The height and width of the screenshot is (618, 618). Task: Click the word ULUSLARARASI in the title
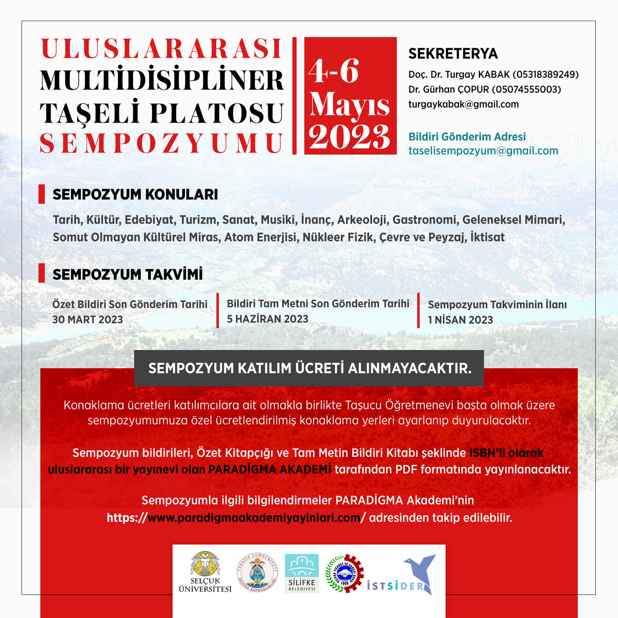(x=161, y=48)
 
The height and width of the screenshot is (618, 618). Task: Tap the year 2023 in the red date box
(x=349, y=137)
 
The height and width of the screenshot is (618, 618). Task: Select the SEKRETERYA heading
(x=453, y=54)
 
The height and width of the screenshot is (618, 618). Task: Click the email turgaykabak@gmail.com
(x=463, y=104)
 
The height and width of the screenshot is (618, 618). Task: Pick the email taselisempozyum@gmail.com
(x=483, y=151)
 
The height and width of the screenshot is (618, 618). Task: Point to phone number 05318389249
(x=545, y=75)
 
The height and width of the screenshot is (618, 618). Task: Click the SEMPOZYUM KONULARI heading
(x=135, y=195)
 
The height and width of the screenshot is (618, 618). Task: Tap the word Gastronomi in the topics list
(x=424, y=220)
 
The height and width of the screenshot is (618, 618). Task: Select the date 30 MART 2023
(x=88, y=319)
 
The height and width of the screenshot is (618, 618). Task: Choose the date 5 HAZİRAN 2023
(x=267, y=319)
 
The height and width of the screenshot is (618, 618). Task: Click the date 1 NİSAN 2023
(x=460, y=320)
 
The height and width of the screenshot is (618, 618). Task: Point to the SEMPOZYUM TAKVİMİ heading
(x=127, y=274)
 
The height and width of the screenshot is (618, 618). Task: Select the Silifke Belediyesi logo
(x=302, y=573)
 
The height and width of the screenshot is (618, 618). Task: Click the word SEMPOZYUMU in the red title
(x=161, y=143)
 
